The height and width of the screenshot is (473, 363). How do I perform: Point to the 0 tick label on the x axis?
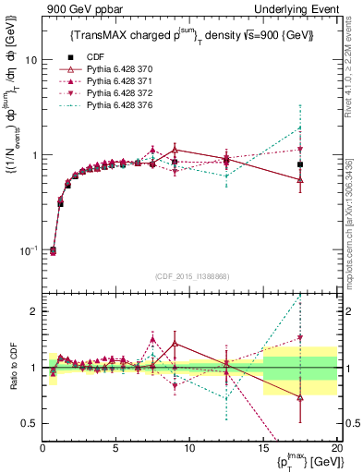coord(42,447)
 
